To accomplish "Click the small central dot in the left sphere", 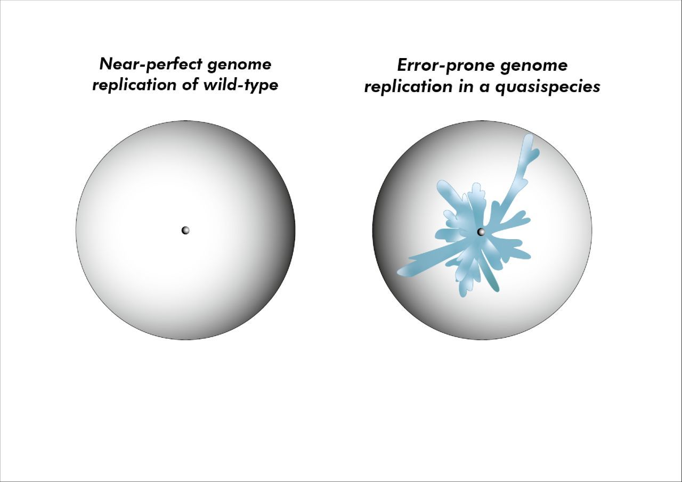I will pyautogui.click(x=185, y=230).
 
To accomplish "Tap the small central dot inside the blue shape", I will pyautogui.click(x=481, y=232).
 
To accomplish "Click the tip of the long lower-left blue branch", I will pyautogui.click(x=401, y=273).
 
